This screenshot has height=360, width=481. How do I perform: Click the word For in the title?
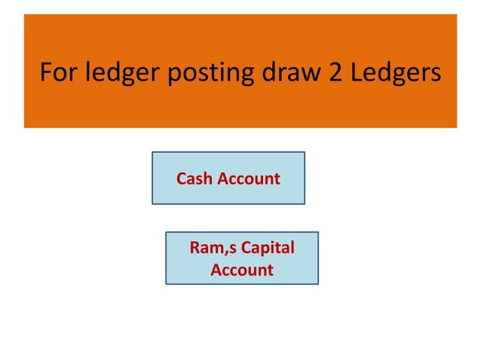point(58,74)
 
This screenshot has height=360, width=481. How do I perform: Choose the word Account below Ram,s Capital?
point(241,270)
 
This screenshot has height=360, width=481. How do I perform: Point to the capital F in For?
point(45,74)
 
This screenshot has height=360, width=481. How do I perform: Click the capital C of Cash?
point(182,178)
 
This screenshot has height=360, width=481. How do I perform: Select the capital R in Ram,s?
point(197,249)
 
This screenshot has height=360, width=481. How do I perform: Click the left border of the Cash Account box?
point(152,178)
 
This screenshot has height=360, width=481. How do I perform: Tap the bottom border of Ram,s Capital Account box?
point(241,283)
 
